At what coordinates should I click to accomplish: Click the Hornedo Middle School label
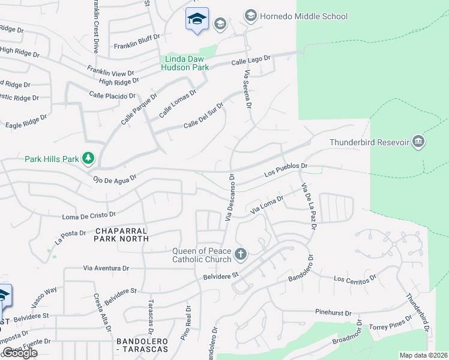tap(304, 16)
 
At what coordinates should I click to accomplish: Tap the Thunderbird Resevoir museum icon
tap(419, 142)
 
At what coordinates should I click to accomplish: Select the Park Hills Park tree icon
tap(88, 158)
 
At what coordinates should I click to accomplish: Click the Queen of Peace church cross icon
tap(240, 254)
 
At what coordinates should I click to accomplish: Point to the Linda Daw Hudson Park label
tap(185, 63)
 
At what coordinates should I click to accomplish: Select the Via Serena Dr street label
tap(247, 88)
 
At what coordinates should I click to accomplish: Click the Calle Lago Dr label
tap(252, 61)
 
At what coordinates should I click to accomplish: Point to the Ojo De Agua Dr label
tap(115, 178)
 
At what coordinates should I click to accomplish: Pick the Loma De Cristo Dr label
tap(89, 214)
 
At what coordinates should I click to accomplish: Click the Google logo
tap(20, 353)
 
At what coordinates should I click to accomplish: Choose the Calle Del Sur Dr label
tap(203, 116)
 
